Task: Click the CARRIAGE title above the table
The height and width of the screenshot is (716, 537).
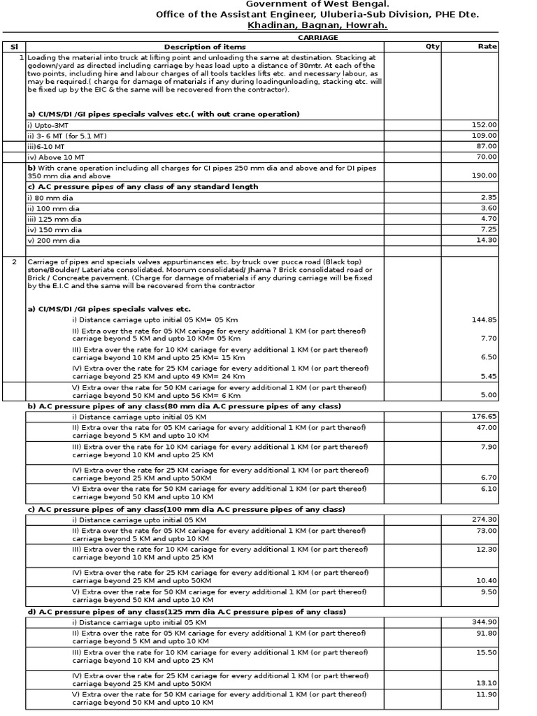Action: [318, 37]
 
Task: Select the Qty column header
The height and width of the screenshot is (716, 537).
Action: [433, 47]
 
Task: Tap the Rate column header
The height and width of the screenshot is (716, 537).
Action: [487, 47]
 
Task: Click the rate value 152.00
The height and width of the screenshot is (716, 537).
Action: [485, 124]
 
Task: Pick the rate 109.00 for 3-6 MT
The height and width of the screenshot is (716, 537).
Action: [485, 135]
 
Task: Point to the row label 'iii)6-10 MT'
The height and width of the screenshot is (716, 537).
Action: [46, 146]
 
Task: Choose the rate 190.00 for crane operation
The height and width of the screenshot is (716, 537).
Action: [485, 176]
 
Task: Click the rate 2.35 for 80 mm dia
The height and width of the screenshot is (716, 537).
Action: [488, 198]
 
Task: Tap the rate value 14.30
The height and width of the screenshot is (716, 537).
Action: [487, 240]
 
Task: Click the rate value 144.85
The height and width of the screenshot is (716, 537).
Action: [485, 320]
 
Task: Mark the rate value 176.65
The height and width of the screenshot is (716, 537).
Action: [485, 417]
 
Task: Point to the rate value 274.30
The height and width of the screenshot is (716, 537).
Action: [485, 520]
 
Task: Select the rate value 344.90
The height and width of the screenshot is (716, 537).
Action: [485, 622]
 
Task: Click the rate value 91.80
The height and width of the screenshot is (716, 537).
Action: [487, 633]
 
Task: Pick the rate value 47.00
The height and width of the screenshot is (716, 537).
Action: [487, 427]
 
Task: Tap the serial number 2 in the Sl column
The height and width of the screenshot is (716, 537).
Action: [14, 262]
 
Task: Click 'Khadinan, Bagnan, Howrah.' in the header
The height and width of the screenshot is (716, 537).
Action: [317, 25]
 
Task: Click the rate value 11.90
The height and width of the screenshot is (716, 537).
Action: [487, 694]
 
